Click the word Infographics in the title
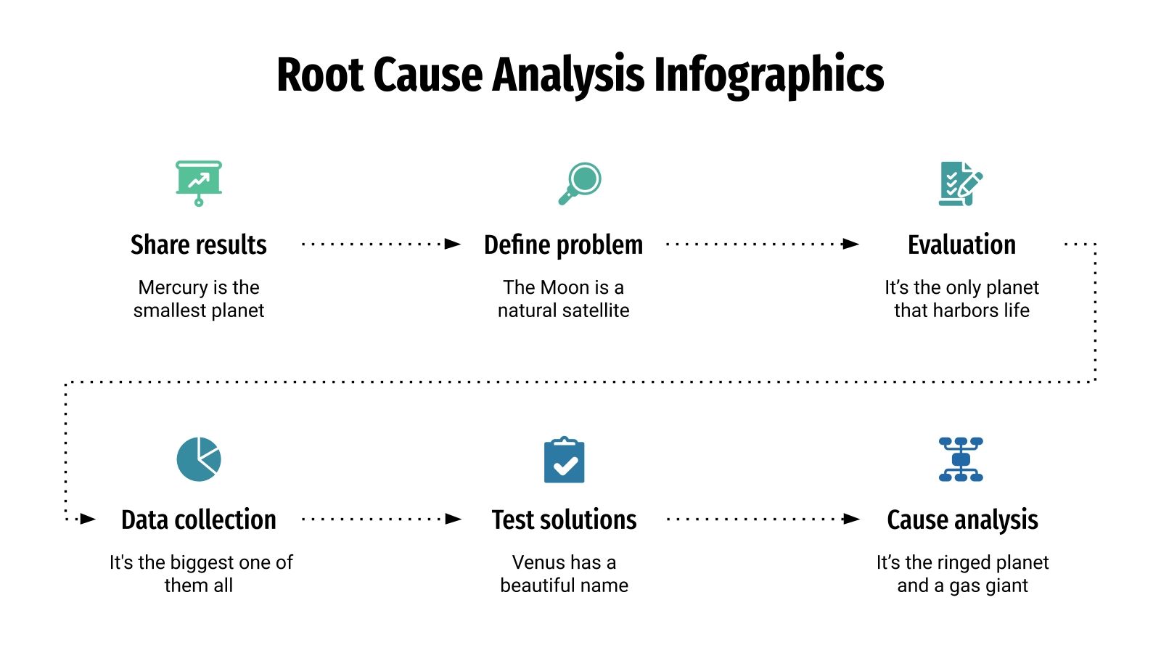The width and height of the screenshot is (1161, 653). pos(768,75)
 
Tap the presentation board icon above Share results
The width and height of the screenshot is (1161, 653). pos(199,181)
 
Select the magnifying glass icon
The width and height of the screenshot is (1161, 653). pos(580,183)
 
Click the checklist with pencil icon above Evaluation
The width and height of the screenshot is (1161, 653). pos(960,184)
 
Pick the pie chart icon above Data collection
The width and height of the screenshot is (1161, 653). pos(199,459)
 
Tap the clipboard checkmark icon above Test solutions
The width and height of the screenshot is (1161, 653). pos(564,460)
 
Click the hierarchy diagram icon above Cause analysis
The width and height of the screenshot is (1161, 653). pos(961,459)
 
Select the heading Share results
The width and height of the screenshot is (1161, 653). pos(199,245)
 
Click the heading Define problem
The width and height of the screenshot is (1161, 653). pos(563,245)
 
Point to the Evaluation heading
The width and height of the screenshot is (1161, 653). pos(961,245)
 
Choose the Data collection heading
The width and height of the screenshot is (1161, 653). pos(199,520)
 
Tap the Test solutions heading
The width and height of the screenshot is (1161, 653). pos(564,520)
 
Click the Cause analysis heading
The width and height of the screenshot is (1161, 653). pos(962,520)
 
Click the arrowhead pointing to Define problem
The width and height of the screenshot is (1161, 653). pos(453,244)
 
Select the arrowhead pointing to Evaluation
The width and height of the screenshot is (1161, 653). pos(850,244)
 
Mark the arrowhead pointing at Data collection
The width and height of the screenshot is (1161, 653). pos(88,519)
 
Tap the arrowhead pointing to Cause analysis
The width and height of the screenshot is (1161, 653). pos(851,519)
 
